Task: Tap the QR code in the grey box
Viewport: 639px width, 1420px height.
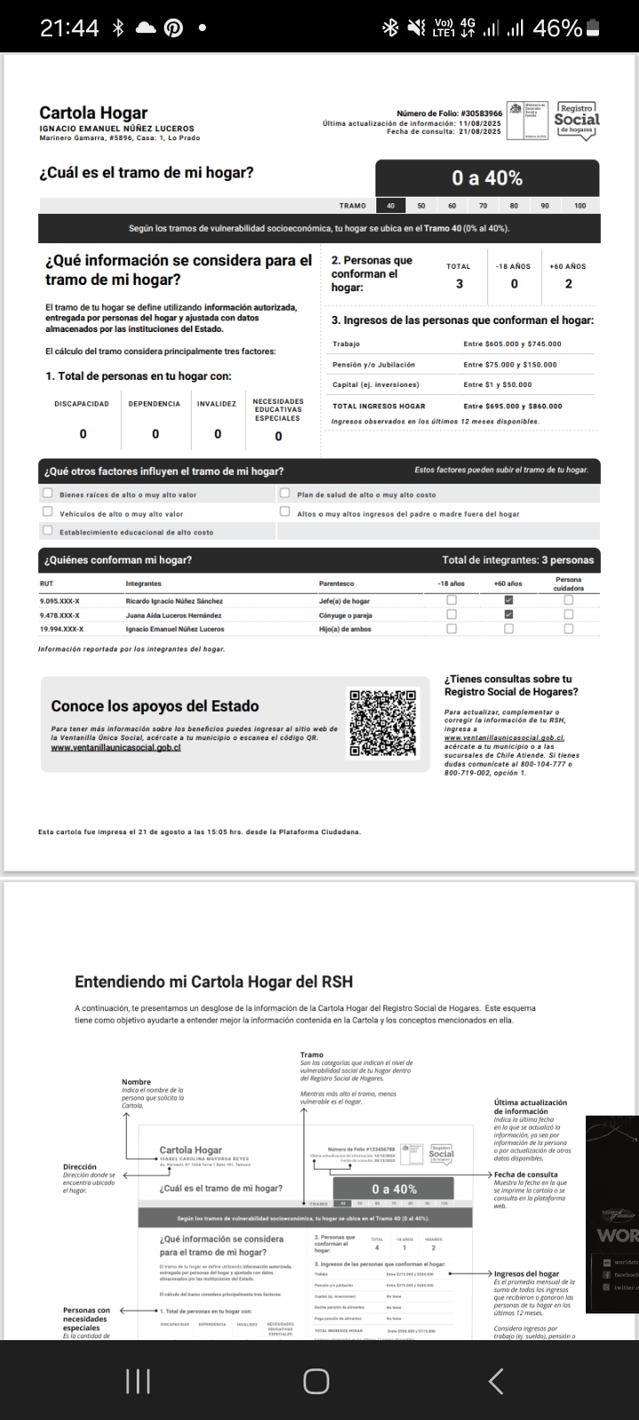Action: coord(382,723)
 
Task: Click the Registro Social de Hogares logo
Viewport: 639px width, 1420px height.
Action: coord(577,119)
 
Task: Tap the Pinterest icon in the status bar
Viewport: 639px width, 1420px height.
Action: coord(173,28)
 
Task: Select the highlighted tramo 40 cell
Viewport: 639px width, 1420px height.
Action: coord(390,205)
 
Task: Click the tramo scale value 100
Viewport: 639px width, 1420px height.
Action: coord(580,205)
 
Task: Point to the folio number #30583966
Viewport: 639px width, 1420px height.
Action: coord(480,114)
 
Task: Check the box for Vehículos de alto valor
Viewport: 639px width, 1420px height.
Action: coord(48,512)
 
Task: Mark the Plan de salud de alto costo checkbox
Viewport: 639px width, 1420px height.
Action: coord(285,493)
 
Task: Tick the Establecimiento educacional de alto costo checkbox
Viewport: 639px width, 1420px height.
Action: coord(48,531)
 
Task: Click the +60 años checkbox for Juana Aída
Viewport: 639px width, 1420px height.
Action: coord(509,614)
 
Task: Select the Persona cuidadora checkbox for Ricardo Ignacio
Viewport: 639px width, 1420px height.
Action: coord(569,600)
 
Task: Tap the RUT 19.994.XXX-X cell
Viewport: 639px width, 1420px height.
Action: coord(60,629)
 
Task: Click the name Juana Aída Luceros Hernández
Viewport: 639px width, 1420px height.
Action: coord(173,615)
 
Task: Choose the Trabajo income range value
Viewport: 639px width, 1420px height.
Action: coord(512,343)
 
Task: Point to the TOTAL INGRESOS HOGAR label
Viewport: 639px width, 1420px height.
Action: coord(379,406)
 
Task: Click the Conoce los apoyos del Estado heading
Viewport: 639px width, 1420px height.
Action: coord(154,706)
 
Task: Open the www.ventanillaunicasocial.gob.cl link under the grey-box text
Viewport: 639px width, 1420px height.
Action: coord(115,747)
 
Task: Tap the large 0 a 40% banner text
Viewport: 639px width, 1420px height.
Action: coord(487,177)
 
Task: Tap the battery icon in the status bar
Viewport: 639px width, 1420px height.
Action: coord(594,28)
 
